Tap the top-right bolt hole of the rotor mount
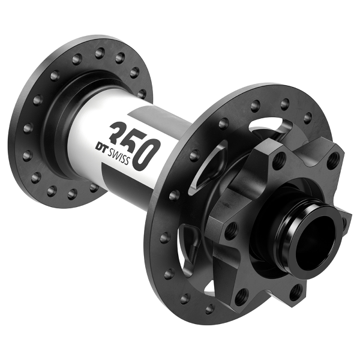(x=335, y=158)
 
